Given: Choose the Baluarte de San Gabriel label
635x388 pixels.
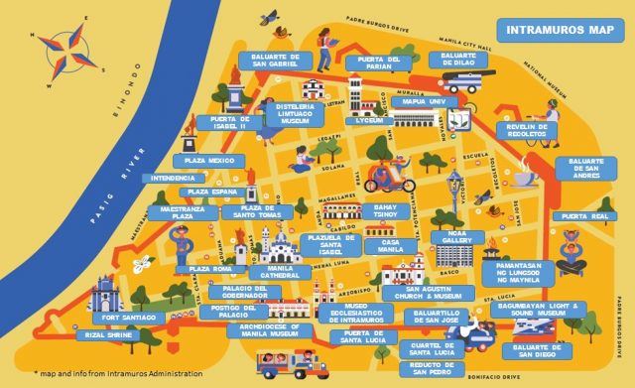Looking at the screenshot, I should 275,62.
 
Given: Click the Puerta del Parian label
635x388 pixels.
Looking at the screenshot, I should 378,63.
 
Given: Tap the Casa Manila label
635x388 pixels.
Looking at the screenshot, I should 391,247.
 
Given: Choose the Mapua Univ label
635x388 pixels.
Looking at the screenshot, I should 424,101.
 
